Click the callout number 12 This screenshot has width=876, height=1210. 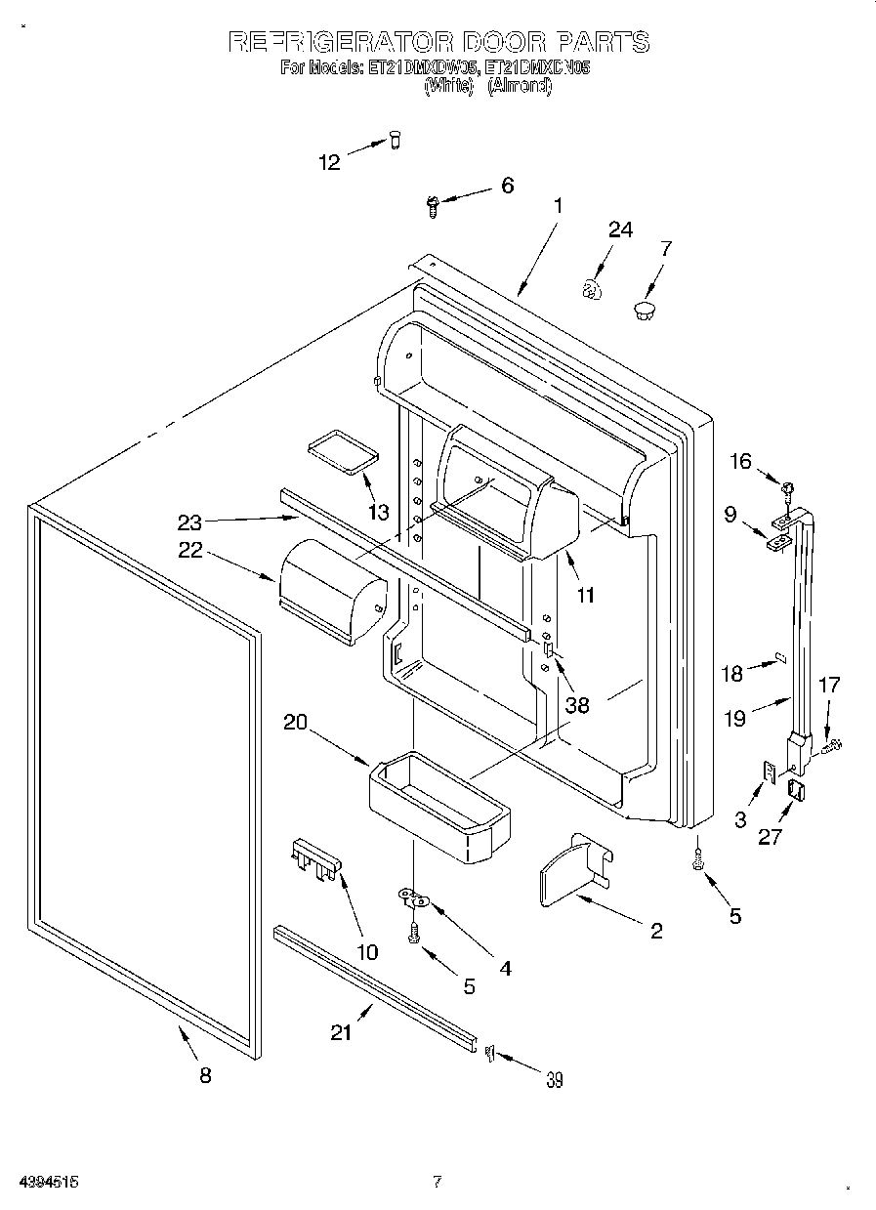(x=330, y=162)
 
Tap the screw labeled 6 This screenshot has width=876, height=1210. (x=432, y=204)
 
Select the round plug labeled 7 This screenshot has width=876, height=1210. (x=644, y=312)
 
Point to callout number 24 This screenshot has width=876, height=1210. (x=620, y=229)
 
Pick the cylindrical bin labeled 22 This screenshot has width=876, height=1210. (x=331, y=592)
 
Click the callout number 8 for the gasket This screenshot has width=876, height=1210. (x=204, y=1075)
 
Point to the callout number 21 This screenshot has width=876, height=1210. (x=340, y=1032)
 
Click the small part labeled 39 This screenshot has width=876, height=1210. (x=489, y=1051)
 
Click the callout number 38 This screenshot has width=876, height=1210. (x=577, y=704)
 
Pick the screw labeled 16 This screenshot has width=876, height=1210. (x=785, y=483)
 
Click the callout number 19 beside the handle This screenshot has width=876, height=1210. (x=735, y=718)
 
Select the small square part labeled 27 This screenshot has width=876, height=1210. (x=794, y=791)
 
